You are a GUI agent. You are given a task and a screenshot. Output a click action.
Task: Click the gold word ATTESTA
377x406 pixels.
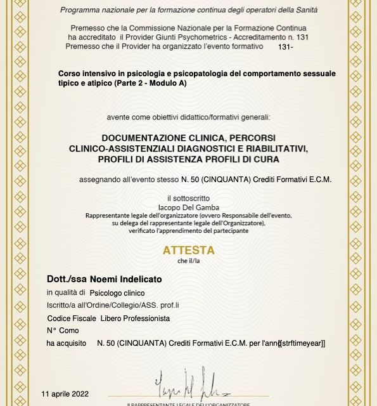pos(189,251)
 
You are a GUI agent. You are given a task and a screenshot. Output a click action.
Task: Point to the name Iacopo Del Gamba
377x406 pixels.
pos(188,207)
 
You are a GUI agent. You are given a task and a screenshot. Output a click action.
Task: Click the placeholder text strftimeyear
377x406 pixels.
pos(303,343)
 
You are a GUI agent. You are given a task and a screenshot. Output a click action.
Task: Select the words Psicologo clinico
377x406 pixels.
pos(117,292)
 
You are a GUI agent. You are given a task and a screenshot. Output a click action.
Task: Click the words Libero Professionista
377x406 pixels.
pos(135,318)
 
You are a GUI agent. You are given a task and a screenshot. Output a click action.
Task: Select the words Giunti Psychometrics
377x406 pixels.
pos(193,37)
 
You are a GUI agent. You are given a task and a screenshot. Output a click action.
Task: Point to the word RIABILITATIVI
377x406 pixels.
pos(276,148)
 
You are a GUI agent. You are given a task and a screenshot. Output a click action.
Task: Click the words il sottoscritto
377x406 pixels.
pos(188,198)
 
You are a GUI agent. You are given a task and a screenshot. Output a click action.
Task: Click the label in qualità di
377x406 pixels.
pos(66,292)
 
